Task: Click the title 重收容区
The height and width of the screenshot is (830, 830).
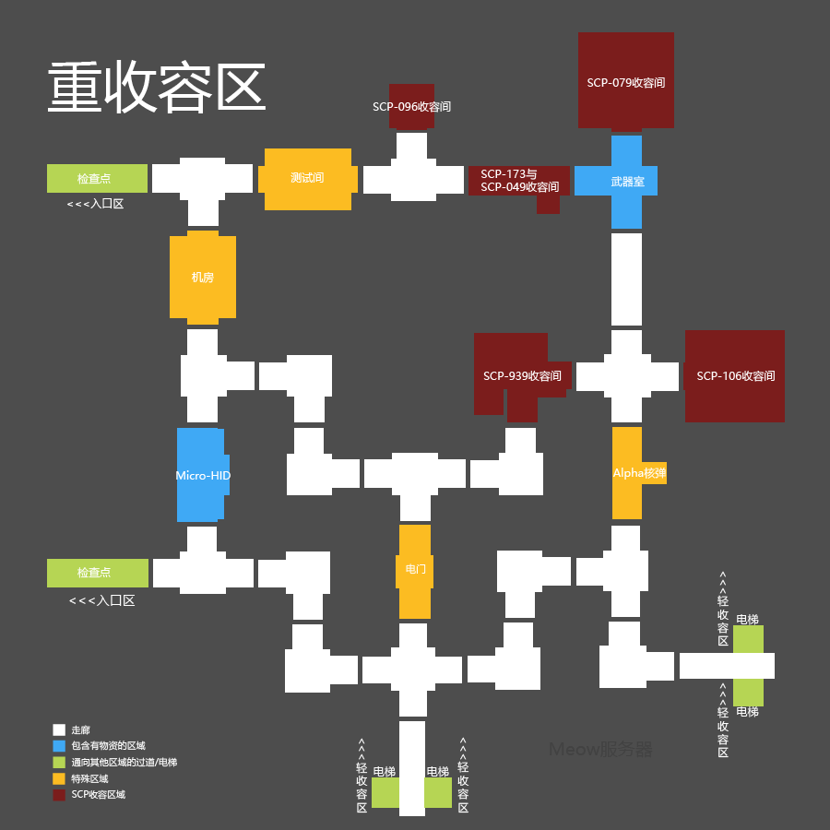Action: [157, 89]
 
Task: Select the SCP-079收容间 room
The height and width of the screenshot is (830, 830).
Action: [625, 81]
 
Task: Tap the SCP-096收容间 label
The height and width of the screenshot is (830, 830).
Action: [411, 107]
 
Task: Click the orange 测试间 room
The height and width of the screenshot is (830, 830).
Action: [307, 178]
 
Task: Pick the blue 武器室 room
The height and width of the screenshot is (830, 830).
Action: [626, 182]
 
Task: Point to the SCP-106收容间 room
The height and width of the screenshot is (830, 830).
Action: [735, 376]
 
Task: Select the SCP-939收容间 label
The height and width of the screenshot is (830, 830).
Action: [522, 376]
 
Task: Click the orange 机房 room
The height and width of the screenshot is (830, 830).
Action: [202, 277]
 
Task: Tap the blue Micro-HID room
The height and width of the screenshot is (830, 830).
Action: [202, 475]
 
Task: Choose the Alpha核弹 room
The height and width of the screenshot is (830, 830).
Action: [637, 473]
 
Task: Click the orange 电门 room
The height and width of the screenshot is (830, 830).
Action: [415, 569]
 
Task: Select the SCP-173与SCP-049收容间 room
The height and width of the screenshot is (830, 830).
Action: [519, 180]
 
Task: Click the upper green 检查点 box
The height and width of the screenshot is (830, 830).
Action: [97, 178]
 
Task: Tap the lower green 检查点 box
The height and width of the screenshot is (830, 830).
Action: [97, 573]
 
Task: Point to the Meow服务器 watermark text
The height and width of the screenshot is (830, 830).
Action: [600, 750]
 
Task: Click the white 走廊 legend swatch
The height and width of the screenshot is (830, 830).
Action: [59, 729]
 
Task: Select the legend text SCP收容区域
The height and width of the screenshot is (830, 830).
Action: [98, 794]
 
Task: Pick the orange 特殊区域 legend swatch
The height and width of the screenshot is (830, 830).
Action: [59, 778]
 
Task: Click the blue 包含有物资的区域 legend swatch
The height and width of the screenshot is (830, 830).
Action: [59, 746]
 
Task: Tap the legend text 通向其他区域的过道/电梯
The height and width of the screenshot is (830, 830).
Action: [124, 763]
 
